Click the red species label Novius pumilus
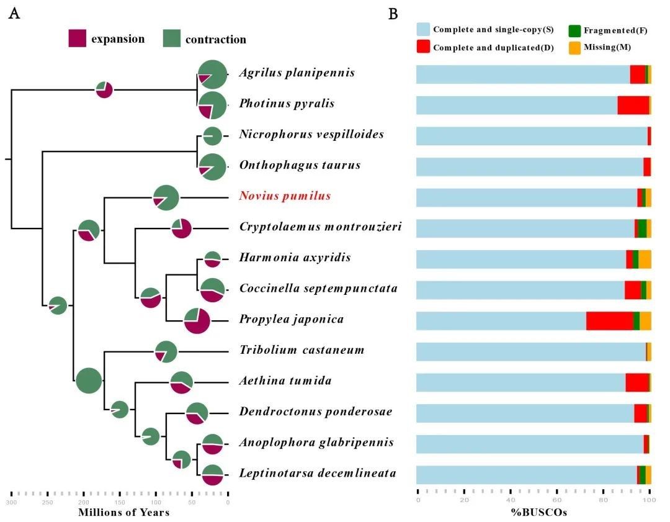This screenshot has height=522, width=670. click(x=285, y=196)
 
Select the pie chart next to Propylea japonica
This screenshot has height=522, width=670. click(x=197, y=320)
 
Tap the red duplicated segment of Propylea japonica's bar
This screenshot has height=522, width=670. click(x=609, y=321)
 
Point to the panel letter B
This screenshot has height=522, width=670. click(x=393, y=14)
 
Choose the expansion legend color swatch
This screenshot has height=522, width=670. click(x=77, y=38)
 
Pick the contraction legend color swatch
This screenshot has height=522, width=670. click(x=171, y=38)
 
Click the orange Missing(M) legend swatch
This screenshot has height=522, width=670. click(x=574, y=48)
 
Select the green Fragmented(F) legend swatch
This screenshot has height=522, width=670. click(x=574, y=30)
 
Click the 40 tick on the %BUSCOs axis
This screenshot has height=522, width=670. click(x=511, y=500)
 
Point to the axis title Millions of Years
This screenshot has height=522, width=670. click(x=123, y=513)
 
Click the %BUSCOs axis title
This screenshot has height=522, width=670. click(x=534, y=513)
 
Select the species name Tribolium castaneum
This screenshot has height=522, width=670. click(x=301, y=350)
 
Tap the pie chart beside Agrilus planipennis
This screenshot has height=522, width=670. click(x=213, y=74)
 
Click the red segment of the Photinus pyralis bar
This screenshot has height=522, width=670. click(x=633, y=106)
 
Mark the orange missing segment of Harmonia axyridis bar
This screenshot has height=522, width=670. click(x=645, y=259)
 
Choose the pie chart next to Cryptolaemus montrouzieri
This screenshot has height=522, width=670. click(x=182, y=228)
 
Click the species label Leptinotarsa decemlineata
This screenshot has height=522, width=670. click(x=318, y=474)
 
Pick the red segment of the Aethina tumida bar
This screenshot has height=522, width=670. click(x=636, y=382)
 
